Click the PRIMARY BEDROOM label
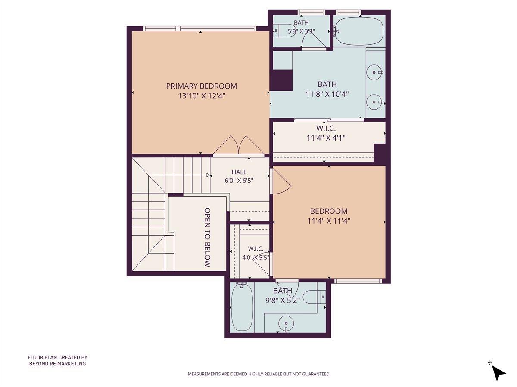coord(201,86)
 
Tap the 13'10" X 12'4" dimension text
coord(202,96)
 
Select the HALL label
coord(239,172)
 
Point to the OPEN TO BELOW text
coord(207,237)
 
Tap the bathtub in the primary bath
coord(359,31)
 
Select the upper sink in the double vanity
coord(375,72)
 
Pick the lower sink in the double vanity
coord(375,102)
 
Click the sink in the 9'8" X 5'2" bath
coord(286,323)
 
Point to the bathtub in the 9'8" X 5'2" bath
coord(243,308)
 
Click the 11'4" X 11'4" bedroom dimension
coord(329,221)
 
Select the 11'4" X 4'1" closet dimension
coord(326,138)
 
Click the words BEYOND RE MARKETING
coord(57,364)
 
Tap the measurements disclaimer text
coord(258,374)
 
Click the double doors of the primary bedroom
coord(239,146)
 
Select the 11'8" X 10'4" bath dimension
coord(327,94)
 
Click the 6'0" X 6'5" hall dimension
coord(239,181)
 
